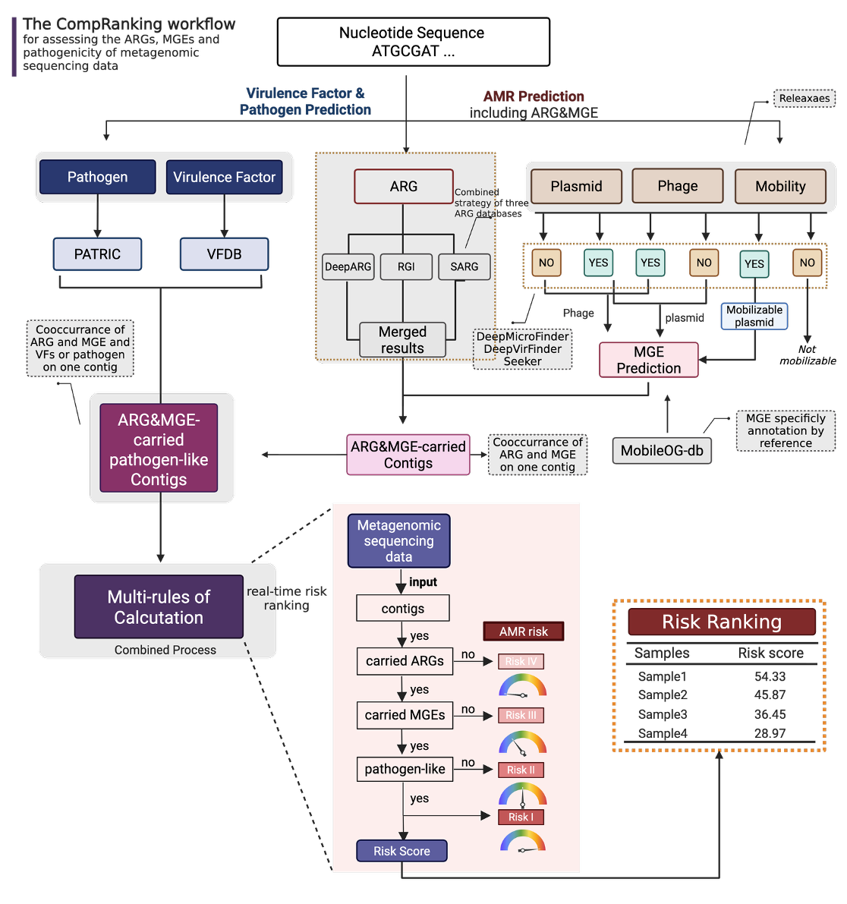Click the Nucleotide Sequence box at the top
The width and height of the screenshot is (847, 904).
click(413, 42)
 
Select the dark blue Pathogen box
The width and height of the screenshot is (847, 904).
click(97, 177)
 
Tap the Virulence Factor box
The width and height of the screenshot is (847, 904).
click(224, 177)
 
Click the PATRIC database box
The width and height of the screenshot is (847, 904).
click(97, 254)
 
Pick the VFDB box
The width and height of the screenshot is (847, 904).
click(224, 254)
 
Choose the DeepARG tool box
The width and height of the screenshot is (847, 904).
click(348, 266)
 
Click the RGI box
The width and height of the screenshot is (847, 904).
click(406, 266)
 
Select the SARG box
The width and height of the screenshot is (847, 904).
click(464, 266)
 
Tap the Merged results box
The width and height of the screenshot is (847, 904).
click(402, 340)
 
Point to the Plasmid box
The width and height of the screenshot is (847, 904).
click(576, 186)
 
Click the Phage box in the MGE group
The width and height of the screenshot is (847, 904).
click(677, 186)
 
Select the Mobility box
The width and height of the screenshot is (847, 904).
click(780, 186)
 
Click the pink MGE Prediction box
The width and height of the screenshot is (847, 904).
click(648, 360)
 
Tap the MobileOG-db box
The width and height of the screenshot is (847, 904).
click(662, 450)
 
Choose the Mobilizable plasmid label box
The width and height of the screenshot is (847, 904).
click(754, 316)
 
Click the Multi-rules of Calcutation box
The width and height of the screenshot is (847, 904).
click(159, 607)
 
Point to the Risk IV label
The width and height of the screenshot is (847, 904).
click(521, 661)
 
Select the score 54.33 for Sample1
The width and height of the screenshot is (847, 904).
click(770, 676)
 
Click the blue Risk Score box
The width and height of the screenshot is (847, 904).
click(401, 851)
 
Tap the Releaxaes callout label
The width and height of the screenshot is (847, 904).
click(804, 98)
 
